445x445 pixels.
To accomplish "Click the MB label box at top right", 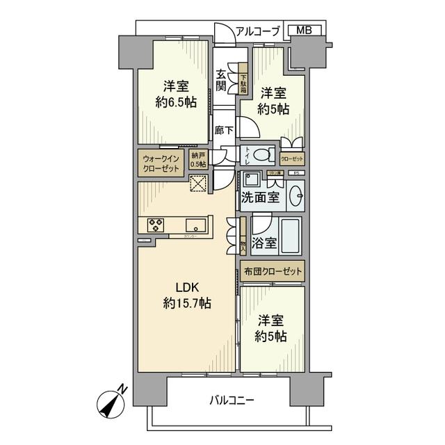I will point(304,31).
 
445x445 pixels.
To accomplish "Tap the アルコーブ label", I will point(258,31).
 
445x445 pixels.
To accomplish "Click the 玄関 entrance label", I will point(221,81).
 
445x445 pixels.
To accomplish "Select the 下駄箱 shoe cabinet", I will point(243,83).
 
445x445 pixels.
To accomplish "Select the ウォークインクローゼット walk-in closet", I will point(161,164).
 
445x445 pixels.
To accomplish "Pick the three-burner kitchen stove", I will point(156,224).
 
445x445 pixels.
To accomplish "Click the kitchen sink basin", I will point(195,224).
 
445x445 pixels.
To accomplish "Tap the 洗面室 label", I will point(261,197).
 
